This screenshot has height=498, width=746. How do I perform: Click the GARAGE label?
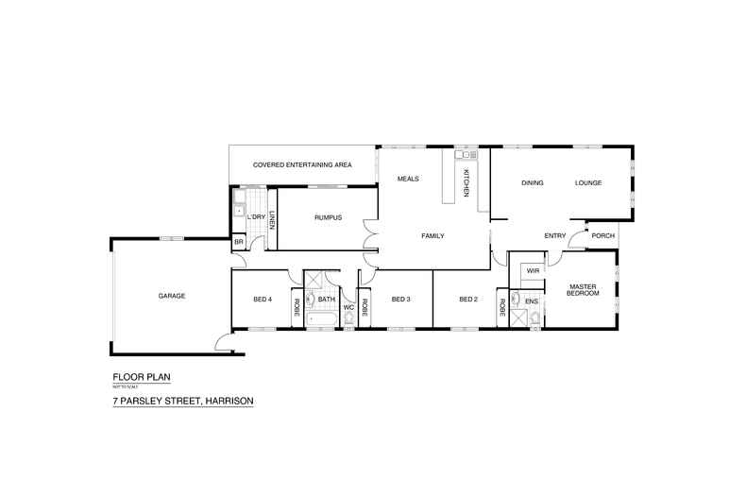[x=172, y=296]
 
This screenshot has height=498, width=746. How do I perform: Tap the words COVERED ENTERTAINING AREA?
[x=302, y=165]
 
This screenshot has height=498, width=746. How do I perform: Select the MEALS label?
[x=408, y=179]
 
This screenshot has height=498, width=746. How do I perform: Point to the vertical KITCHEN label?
[x=466, y=181]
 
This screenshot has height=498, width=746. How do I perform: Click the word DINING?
[x=533, y=182]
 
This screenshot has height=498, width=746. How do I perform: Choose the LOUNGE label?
[x=588, y=182]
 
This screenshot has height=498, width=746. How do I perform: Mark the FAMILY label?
[x=432, y=236]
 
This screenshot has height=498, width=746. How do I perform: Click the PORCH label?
[x=602, y=236]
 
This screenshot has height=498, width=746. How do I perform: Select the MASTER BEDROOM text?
[x=583, y=290]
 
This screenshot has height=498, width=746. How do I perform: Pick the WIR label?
[x=533, y=271]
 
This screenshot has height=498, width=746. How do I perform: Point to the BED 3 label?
[x=399, y=300]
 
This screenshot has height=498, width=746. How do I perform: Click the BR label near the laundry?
[x=239, y=243]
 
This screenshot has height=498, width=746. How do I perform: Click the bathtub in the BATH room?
[x=320, y=318]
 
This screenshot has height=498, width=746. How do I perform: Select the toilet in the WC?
[x=348, y=320]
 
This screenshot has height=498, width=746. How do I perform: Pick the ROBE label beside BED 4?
[x=297, y=306]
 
